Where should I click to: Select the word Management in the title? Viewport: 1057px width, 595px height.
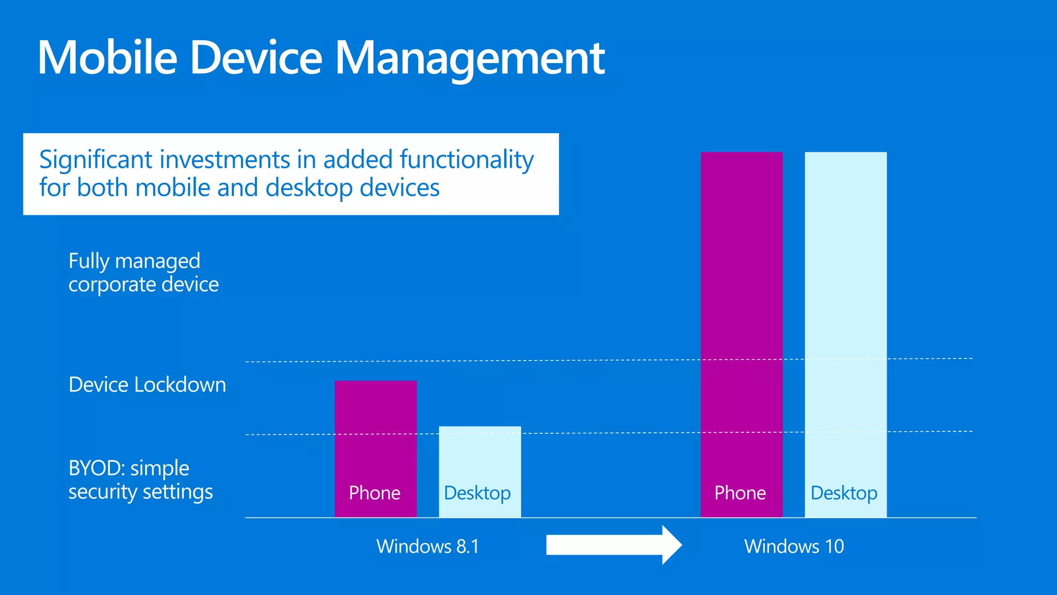tap(470, 58)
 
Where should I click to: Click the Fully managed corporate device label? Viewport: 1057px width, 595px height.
tap(143, 273)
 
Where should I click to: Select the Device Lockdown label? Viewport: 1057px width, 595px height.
tap(147, 385)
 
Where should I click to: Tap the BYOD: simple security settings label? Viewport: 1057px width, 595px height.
tap(140, 480)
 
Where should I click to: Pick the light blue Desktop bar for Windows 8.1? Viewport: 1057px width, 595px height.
tap(480, 460)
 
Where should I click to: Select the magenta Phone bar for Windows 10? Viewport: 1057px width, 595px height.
tap(742, 310)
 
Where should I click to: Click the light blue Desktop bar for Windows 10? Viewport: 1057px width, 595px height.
tap(846, 310)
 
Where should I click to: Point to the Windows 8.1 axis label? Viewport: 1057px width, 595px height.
tap(428, 546)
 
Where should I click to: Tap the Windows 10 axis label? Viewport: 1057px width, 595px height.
tap(794, 546)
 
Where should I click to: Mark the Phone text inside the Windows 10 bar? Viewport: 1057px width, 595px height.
tap(740, 493)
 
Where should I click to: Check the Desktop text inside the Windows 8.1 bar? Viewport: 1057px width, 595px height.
tap(477, 493)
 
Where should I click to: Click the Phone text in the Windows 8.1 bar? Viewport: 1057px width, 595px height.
tap(375, 493)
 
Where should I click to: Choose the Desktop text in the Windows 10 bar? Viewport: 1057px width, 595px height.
tap(844, 493)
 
